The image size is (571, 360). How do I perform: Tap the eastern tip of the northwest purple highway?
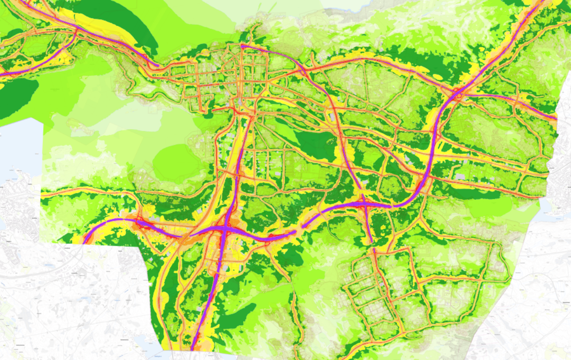[x=157, y=66]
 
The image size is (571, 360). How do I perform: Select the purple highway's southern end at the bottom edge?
[x=192, y=347]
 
